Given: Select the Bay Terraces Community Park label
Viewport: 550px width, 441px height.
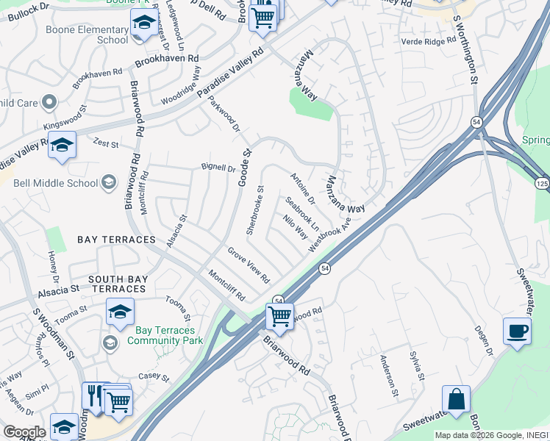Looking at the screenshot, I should (x=164, y=335).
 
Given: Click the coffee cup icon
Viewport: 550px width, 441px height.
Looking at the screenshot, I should (x=518, y=330).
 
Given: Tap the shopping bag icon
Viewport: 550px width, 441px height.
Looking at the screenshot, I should (x=456, y=399).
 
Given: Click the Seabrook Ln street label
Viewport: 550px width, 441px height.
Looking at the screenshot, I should (x=301, y=212).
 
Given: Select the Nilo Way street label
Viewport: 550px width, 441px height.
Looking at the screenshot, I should (x=296, y=227).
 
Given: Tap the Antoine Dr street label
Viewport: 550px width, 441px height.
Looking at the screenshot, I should (x=302, y=189).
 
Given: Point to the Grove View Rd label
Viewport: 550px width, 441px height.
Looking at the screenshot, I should (x=248, y=265).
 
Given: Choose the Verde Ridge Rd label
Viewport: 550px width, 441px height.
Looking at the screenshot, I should (x=430, y=41).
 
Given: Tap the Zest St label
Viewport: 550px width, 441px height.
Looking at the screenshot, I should (x=106, y=143).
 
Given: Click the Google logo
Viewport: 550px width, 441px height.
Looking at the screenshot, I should (x=24, y=431).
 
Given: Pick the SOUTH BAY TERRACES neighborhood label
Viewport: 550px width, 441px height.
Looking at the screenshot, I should (x=118, y=284).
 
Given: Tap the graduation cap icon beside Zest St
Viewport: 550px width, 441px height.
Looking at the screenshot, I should (x=63, y=145).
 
